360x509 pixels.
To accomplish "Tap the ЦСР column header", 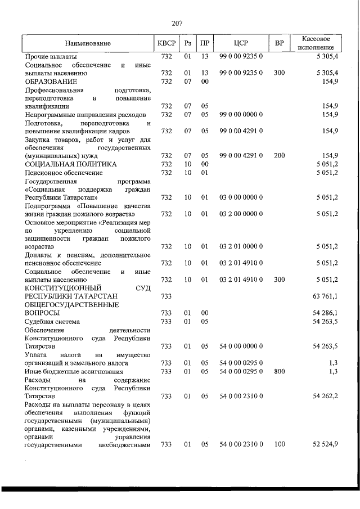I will (x=241, y=43).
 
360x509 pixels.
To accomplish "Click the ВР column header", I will (x=279, y=43).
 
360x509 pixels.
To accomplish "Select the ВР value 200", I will (x=279, y=155).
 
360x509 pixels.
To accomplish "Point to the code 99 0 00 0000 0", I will (x=241, y=114).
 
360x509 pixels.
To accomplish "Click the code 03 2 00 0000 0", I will (x=241, y=214).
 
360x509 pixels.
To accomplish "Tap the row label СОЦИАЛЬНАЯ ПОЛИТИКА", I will (x=71, y=164).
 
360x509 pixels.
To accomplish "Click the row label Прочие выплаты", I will (x=51, y=57).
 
